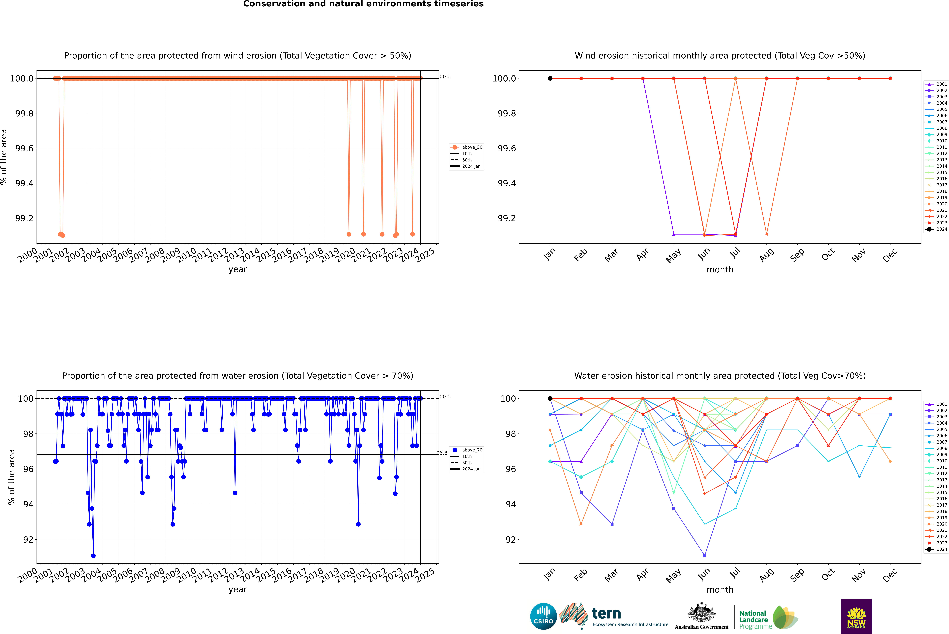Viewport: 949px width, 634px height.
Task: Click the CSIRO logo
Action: pos(543,616)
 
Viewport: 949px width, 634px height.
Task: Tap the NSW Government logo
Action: pos(856,616)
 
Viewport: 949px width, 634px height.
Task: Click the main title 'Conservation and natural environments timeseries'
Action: pos(363,4)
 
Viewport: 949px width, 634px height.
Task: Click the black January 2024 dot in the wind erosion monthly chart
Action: pos(550,78)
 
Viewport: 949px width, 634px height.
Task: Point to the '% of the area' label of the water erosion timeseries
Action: pos(11,477)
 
